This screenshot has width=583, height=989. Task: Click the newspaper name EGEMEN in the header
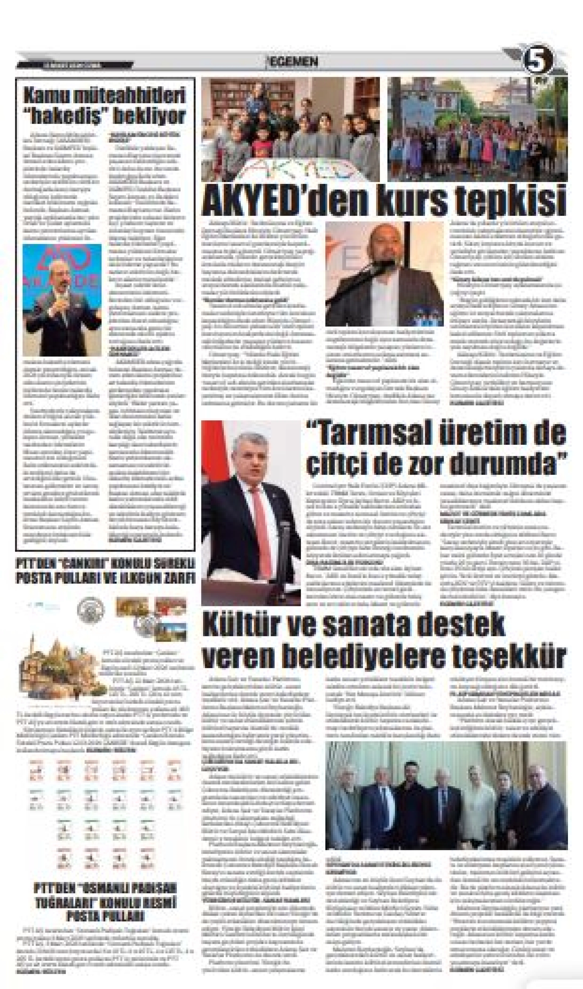[292, 62]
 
